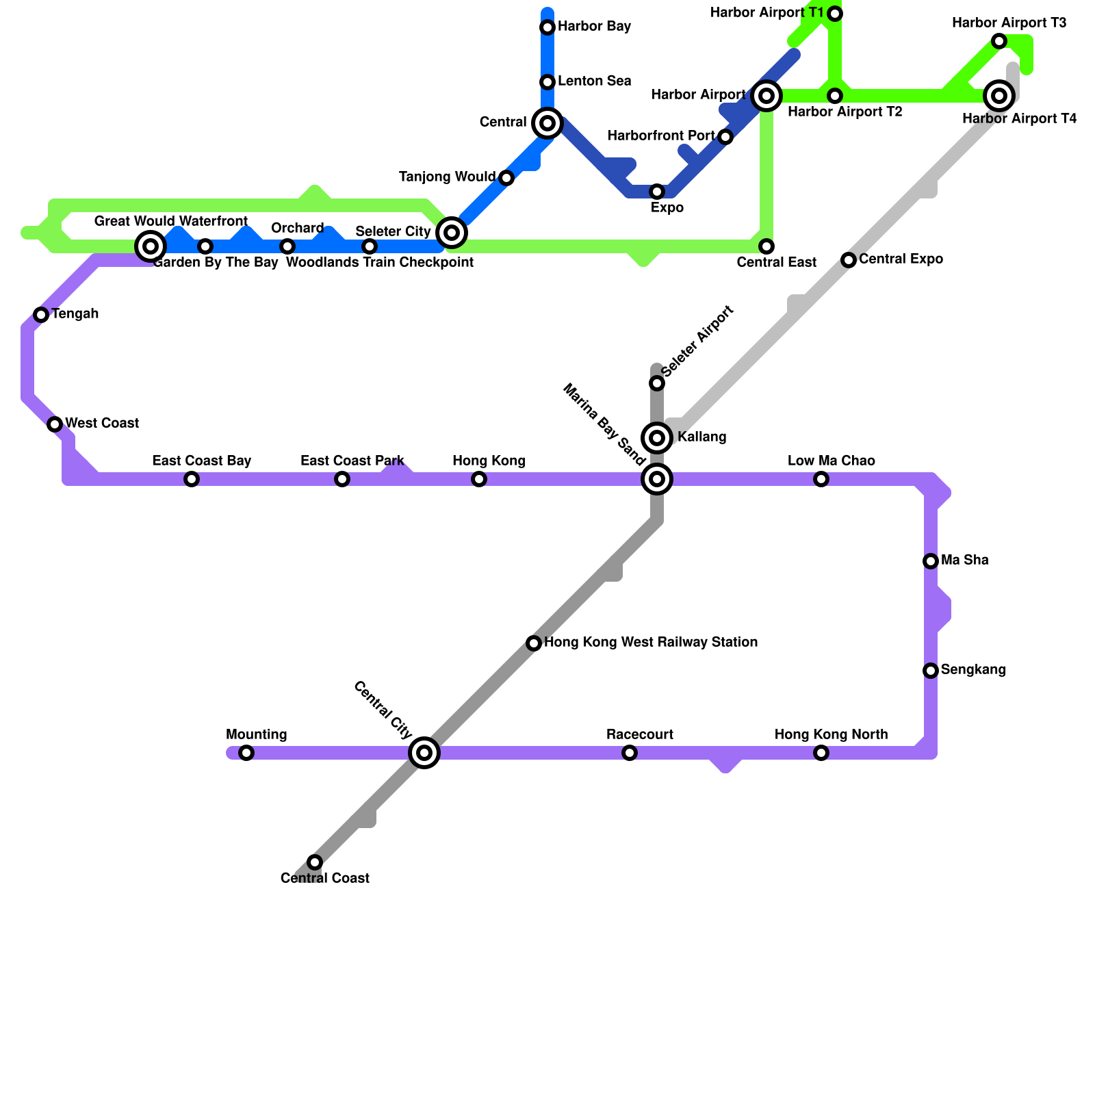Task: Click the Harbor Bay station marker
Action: coord(547,27)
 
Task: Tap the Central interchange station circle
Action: coord(547,123)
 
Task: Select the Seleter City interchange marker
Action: coord(452,233)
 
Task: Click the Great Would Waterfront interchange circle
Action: coord(151,246)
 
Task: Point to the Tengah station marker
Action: coord(41,315)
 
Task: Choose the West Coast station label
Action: coord(102,424)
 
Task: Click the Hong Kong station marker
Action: coord(479,479)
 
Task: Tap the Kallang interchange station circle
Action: coord(657,437)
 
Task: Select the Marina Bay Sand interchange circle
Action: coord(657,479)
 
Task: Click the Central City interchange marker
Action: coord(424,753)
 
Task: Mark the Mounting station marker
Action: coord(246,753)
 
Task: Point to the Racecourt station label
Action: coord(640,735)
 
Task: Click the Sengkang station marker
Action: coord(931,671)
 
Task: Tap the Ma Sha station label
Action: coord(964,561)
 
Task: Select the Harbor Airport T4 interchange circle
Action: coord(999,96)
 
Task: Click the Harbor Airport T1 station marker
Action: coord(835,14)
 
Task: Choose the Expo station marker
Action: coord(657,192)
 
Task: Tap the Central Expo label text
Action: coord(901,259)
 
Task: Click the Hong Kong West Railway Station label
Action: coord(650,643)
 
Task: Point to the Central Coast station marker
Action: coord(315,862)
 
